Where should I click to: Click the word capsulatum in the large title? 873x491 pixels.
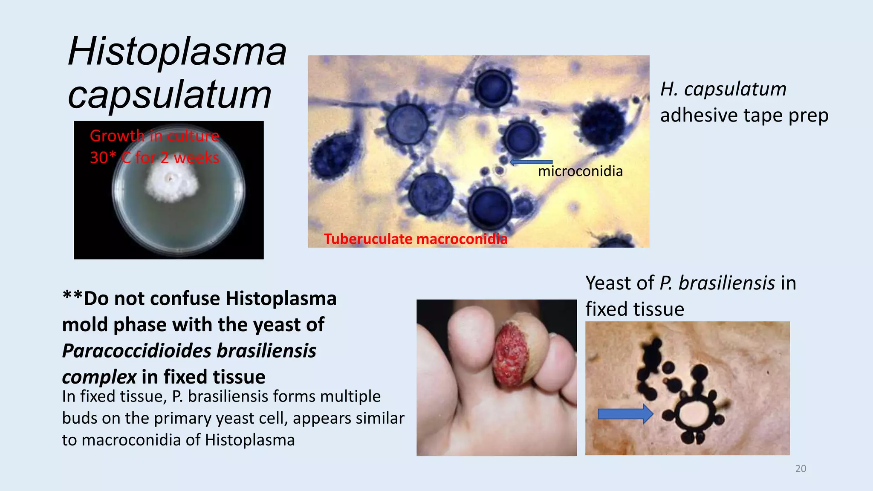click(170, 95)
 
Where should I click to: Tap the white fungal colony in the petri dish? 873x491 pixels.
click(171, 183)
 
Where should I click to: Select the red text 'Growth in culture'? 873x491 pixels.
click(154, 136)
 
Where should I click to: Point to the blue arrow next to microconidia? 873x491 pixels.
click(531, 162)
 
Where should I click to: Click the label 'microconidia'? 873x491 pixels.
click(580, 171)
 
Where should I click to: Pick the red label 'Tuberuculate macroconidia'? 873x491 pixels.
click(415, 239)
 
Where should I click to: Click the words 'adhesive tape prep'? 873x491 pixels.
click(744, 116)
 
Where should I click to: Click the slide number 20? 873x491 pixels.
click(801, 469)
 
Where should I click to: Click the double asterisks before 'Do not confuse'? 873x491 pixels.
click(72, 296)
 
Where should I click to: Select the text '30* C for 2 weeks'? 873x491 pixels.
click(154, 158)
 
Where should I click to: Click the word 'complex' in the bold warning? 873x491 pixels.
click(99, 377)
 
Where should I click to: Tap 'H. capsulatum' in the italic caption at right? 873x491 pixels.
click(723, 90)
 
